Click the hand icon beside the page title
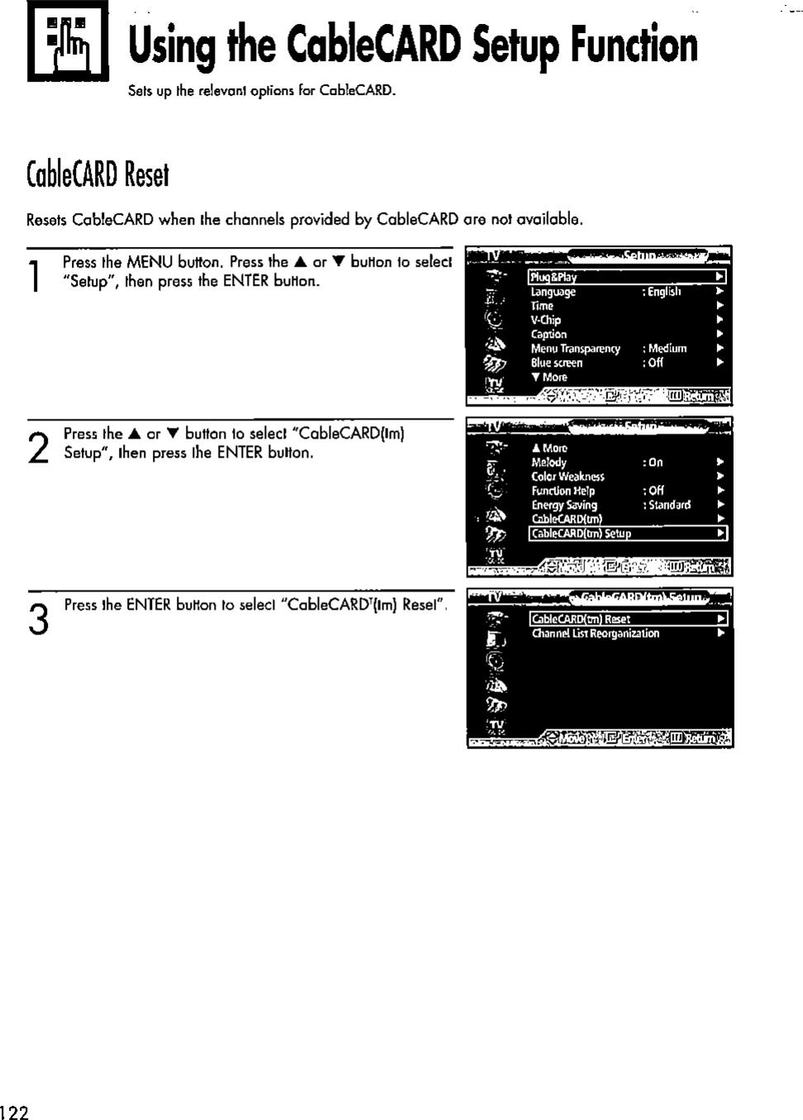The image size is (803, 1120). point(68,41)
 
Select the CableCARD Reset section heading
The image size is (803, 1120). point(97,174)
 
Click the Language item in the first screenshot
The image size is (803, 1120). point(553,292)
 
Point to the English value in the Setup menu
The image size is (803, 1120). point(663,292)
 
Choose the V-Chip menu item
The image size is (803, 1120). point(545,320)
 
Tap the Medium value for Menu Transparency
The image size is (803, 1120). point(668,349)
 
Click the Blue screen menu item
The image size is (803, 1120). point(556,363)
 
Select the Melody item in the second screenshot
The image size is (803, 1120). point(549,463)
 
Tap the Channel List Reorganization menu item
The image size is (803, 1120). point(595,634)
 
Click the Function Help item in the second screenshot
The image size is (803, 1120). point(563,491)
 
